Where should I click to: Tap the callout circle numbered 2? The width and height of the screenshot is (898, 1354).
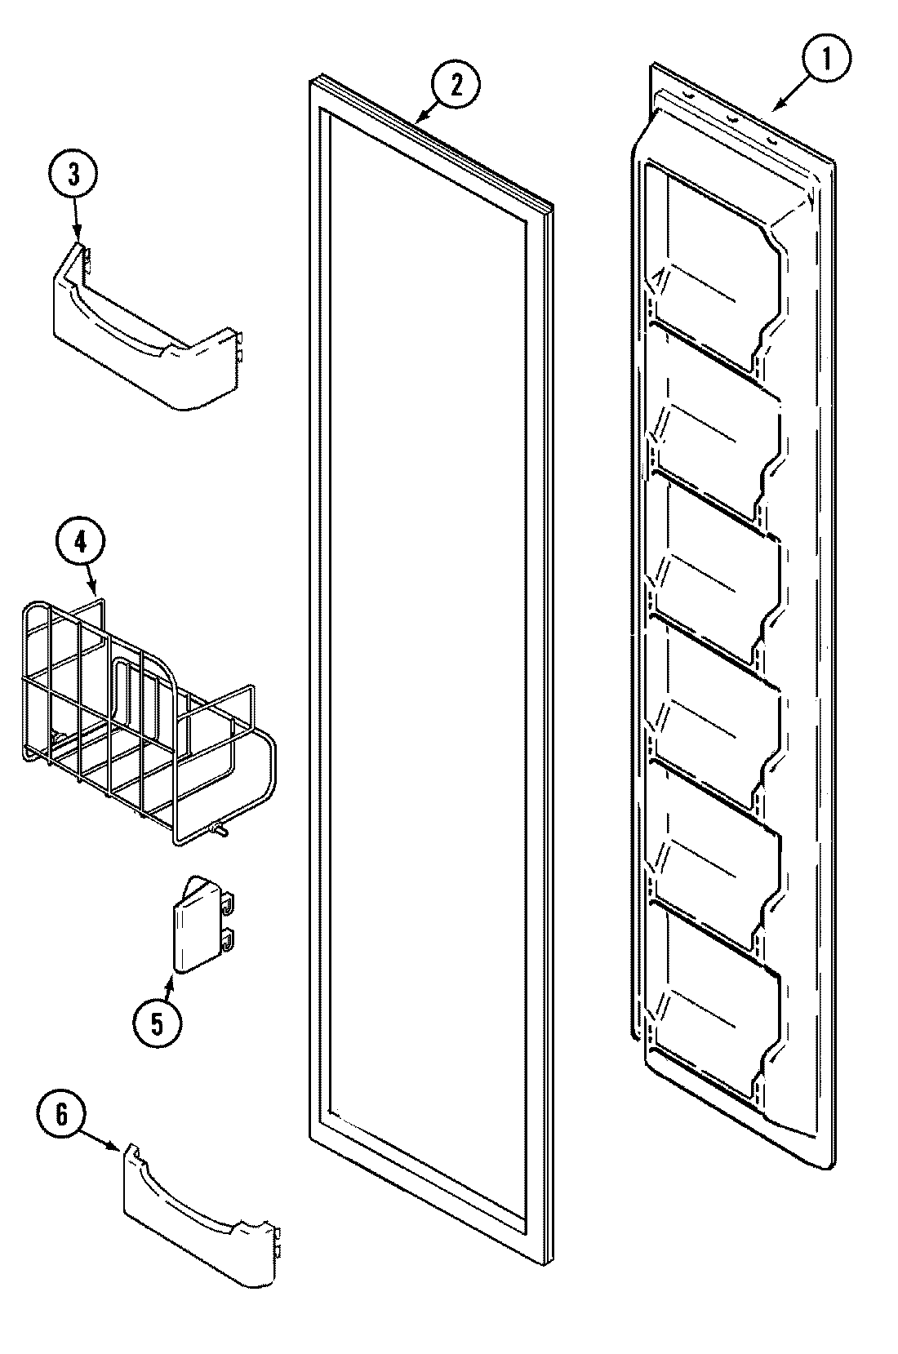pyautogui.click(x=456, y=86)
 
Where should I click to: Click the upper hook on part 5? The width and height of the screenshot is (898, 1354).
pyautogui.click(x=230, y=903)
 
